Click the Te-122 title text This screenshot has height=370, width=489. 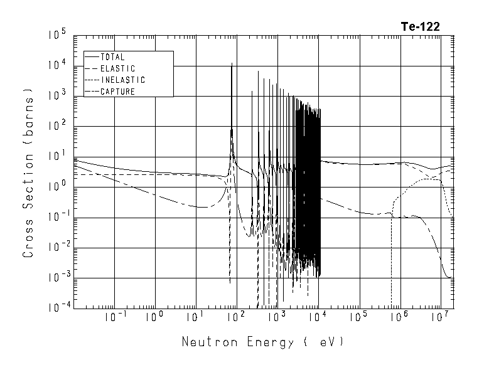coord(420,26)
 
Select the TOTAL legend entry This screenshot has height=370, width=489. coord(112,57)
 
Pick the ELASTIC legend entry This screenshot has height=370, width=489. coord(117,68)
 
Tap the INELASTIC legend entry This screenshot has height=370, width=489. coord(122,80)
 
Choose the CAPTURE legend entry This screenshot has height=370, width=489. coord(117,92)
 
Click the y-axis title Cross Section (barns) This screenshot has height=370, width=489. coord(28,172)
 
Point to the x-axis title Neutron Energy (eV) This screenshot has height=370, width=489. coord(263,342)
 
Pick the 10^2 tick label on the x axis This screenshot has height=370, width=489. coord(236,318)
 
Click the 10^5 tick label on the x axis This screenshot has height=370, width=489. coord(358,318)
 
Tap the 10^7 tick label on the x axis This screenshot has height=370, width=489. coord(439,318)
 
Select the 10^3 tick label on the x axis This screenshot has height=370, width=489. coord(277,318)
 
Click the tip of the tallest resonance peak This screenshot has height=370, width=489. coord(232,63)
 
